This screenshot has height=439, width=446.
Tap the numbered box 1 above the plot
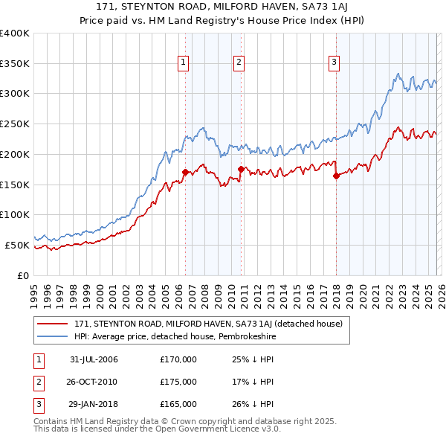click(x=183, y=63)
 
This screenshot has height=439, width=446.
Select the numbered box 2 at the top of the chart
click(x=239, y=63)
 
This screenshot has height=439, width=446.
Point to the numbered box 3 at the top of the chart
click(x=334, y=63)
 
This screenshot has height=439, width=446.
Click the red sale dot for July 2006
click(x=185, y=172)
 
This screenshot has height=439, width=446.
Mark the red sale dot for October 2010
click(x=241, y=169)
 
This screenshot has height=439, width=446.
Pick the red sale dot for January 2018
click(x=336, y=176)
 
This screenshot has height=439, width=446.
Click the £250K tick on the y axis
click(x=15, y=124)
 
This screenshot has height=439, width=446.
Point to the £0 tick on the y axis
click(x=23, y=275)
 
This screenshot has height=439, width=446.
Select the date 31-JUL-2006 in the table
click(x=94, y=359)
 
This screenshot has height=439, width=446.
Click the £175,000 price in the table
click(x=178, y=382)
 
